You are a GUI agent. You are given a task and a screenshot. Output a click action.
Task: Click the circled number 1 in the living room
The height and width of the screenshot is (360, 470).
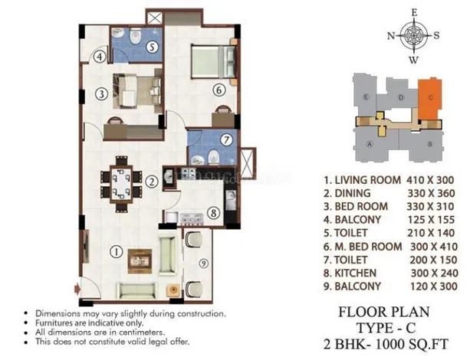(116, 250)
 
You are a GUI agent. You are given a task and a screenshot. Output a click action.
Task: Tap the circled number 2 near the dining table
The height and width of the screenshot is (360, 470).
(153, 182)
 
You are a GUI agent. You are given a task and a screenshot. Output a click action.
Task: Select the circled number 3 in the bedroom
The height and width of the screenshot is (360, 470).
(100, 95)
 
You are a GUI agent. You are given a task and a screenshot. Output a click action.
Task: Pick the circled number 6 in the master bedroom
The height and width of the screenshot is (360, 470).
(219, 90)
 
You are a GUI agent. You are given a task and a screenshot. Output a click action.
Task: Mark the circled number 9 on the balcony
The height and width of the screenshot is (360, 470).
(203, 264)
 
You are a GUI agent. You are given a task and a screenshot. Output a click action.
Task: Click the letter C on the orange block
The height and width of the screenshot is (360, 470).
(431, 98)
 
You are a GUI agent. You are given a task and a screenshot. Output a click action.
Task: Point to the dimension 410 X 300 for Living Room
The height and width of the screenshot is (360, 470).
(424, 181)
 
